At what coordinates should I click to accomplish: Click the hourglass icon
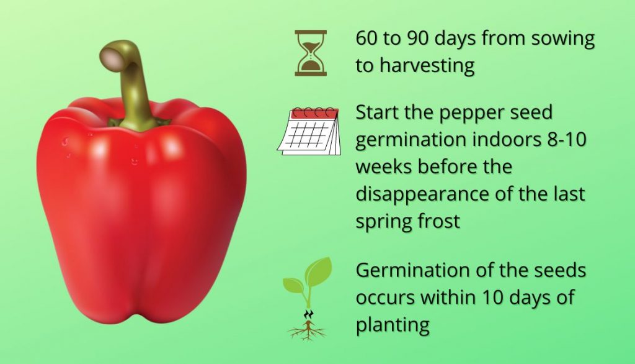(311, 53)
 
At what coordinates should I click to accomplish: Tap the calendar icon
(309, 131)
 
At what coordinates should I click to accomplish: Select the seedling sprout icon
(308, 299)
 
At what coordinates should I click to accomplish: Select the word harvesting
(427, 66)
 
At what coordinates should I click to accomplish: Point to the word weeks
(384, 167)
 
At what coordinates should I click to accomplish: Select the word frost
(437, 221)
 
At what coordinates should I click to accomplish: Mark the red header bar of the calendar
(314, 114)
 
